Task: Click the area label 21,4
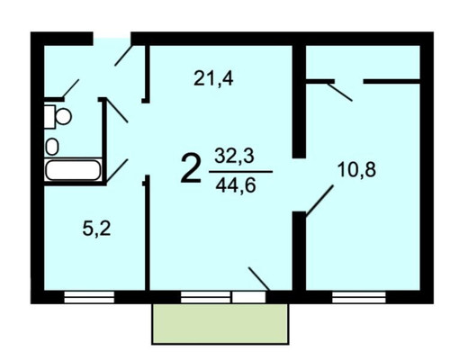pyautogui.click(x=213, y=78)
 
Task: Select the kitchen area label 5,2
pyautogui.click(x=96, y=229)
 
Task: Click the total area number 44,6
pyautogui.click(x=234, y=185)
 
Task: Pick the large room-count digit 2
pyautogui.click(x=191, y=169)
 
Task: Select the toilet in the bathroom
pyautogui.click(x=60, y=116)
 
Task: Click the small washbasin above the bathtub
pyautogui.click(x=52, y=146)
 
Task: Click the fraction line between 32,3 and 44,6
pyautogui.click(x=238, y=170)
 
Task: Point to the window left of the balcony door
pyautogui.click(x=204, y=295)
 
